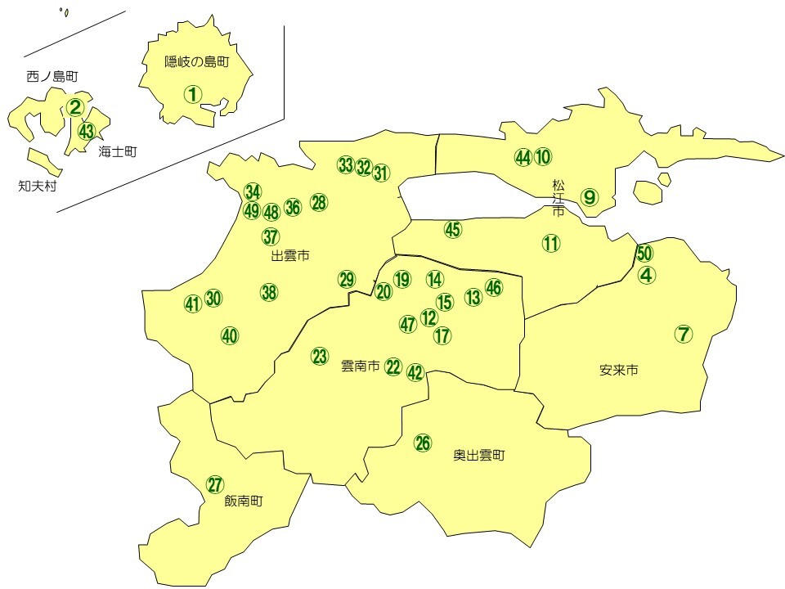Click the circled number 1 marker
click(x=192, y=94)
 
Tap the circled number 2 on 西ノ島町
click(x=75, y=106)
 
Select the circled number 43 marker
click(x=87, y=130)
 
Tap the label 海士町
click(x=117, y=151)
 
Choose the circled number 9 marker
click(x=590, y=196)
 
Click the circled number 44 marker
click(x=523, y=157)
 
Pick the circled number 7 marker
click(x=684, y=334)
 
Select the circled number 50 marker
click(x=644, y=254)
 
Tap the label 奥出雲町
click(x=479, y=456)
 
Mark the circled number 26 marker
click(x=422, y=443)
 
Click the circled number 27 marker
click(x=214, y=483)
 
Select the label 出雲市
click(x=290, y=256)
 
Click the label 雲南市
click(x=360, y=367)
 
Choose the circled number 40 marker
click(x=230, y=335)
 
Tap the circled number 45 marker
click(x=453, y=230)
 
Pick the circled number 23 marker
click(x=320, y=356)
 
